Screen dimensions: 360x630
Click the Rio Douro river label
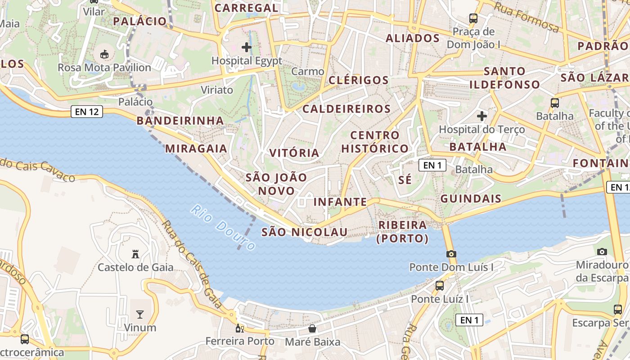(223, 227)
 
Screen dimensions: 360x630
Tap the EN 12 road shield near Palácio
(87, 112)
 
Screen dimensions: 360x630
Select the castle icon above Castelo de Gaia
(135, 254)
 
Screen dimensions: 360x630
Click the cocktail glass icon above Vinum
(140, 314)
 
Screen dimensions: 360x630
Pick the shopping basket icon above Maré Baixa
(312, 329)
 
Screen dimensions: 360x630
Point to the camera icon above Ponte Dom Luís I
(451, 254)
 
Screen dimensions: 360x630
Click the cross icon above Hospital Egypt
(247, 47)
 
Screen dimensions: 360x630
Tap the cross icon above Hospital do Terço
(482, 116)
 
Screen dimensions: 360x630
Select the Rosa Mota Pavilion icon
(104, 54)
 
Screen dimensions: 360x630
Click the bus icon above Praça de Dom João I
(473, 18)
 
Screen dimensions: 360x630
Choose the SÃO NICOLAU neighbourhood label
(305, 232)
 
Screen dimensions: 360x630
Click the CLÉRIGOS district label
(358, 81)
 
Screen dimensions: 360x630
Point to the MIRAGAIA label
(196, 148)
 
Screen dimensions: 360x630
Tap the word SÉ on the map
(405, 180)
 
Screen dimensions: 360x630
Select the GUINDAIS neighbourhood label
(471, 198)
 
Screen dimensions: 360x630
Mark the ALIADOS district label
(412, 38)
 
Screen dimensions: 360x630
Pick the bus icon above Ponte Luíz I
(440, 285)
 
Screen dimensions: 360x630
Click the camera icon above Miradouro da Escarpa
(602, 252)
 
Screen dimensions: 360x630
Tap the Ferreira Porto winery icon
(240, 328)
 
